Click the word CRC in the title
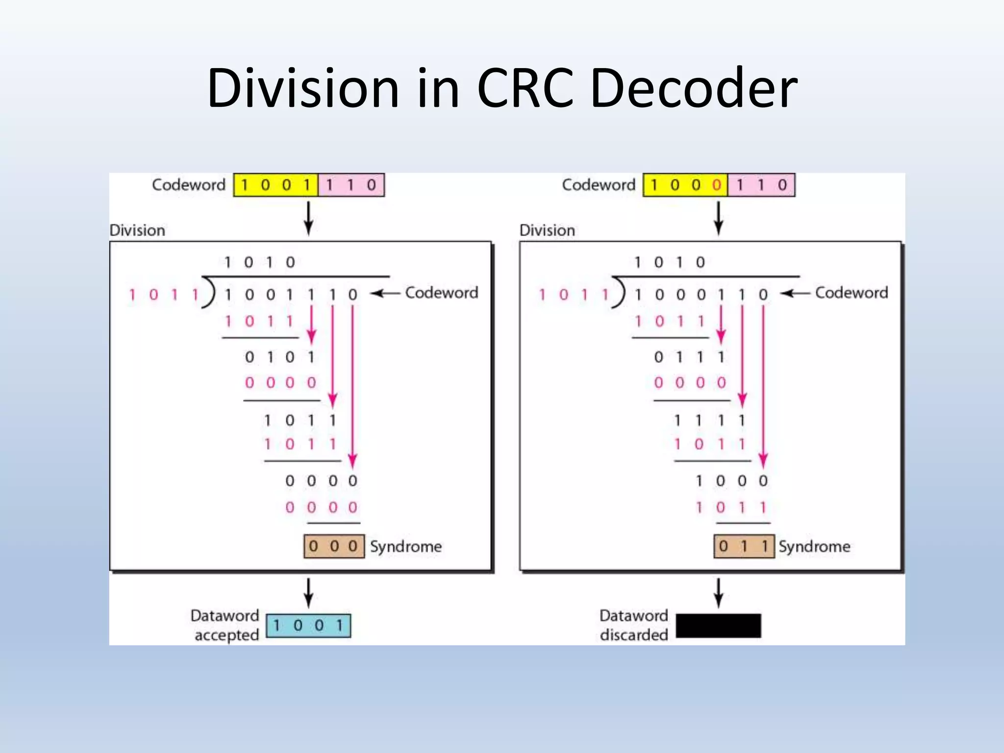point(525,88)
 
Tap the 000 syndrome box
point(334,546)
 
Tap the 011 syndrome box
point(744,546)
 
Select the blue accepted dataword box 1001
point(308,626)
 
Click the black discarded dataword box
point(718,626)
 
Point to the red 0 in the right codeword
point(717,185)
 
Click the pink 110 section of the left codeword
point(351,185)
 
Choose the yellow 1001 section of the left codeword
point(276,185)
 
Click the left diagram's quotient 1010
point(259,262)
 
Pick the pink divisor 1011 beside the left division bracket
point(164,295)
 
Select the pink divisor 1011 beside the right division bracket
point(574,295)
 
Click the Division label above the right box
point(547,230)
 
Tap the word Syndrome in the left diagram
point(406,546)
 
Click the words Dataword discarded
point(634,625)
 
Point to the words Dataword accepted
point(225,625)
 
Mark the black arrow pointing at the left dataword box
point(308,593)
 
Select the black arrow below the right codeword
point(718,219)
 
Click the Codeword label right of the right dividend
point(852,293)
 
